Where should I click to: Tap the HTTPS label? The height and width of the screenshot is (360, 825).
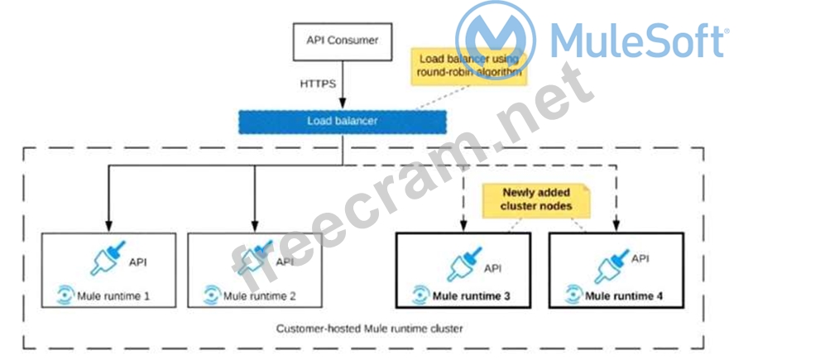click(x=318, y=84)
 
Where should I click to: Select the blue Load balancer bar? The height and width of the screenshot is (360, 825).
click(x=342, y=121)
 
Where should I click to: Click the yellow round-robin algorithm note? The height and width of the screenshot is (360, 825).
click(x=469, y=65)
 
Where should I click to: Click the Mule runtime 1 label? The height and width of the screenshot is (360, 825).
click(x=114, y=295)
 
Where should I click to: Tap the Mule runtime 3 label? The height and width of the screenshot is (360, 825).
click(x=471, y=295)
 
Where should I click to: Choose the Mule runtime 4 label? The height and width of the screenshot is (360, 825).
click(x=623, y=295)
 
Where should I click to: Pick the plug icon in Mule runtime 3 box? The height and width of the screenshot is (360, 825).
click(x=466, y=264)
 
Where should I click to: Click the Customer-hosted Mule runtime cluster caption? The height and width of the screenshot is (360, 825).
click(x=369, y=329)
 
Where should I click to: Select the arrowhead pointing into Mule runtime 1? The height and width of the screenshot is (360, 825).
click(x=108, y=224)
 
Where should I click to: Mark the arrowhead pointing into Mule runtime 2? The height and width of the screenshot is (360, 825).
click(x=254, y=224)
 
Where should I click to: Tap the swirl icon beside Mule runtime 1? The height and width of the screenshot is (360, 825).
click(x=65, y=295)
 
